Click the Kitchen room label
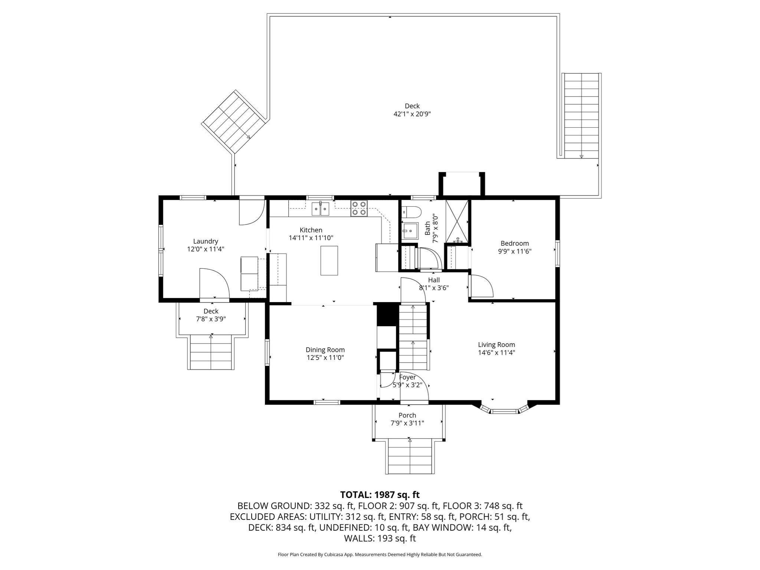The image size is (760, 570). [x=311, y=230]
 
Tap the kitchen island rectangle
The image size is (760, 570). [x=329, y=261]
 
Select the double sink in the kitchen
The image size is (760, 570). [x=321, y=209]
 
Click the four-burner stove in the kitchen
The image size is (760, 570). [x=359, y=208]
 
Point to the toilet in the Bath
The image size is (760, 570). [x=412, y=212]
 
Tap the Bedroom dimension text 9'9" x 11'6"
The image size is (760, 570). [x=515, y=251]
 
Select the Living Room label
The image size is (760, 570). [x=496, y=345]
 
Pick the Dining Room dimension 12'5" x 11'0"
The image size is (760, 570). [x=325, y=358]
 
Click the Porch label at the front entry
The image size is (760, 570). [x=407, y=415]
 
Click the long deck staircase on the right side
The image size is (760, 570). [x=581, y=115]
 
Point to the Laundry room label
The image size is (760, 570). [x=206, y=241]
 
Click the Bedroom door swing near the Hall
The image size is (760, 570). [x=480, y=286]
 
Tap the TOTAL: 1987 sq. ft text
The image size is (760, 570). [x=380, y=495]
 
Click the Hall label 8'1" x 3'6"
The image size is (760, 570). [x=434, y=284]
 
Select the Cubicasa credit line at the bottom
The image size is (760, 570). [x=380, y=554]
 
